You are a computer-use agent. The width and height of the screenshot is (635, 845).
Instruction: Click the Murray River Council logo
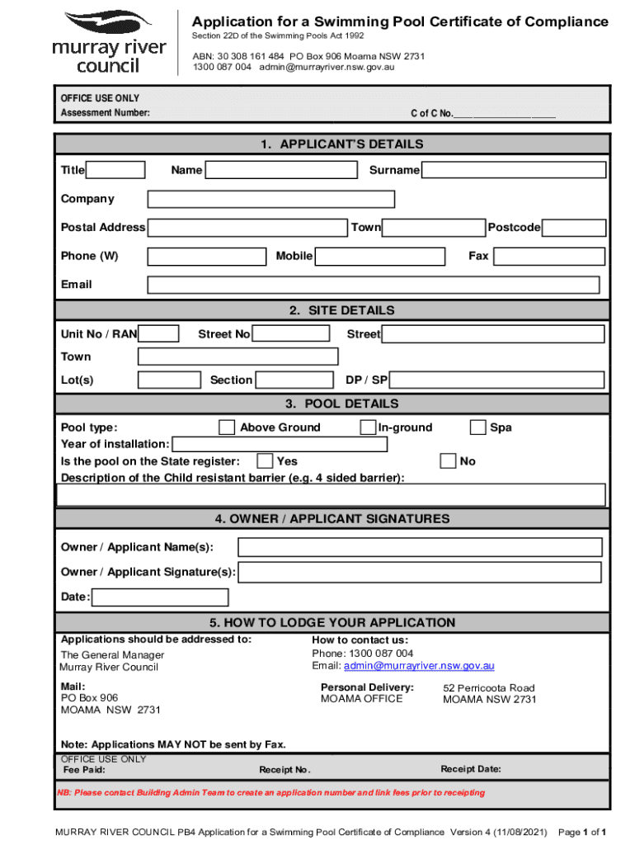coord(108,42)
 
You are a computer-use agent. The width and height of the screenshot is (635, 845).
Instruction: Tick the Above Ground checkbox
coord(227,427)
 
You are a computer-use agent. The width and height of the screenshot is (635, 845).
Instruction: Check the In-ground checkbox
coord(368,427)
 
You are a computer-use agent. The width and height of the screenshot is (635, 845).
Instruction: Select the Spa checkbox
coord(477,427)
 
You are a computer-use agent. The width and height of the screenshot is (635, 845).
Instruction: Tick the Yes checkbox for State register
coord(266,461)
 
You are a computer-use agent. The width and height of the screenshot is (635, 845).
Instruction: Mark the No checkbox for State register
coord(448,461)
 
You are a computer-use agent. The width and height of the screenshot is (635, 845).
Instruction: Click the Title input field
coord(115,171)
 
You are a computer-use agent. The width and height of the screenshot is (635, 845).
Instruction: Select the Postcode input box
coord(574,228)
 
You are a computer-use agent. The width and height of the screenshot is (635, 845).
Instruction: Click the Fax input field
coord(549,257)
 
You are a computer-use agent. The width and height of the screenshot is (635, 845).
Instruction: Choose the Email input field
coord(373,285)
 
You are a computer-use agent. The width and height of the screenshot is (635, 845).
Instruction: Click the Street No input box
coord(289,334)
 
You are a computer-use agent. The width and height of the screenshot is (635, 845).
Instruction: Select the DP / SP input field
coord(496,380)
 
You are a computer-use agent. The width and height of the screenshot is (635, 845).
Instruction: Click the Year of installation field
coord(279,445)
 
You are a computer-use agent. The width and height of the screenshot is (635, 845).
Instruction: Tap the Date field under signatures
coord(160,597)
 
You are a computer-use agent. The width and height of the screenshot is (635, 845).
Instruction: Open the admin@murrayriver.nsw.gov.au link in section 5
coord(419,666)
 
